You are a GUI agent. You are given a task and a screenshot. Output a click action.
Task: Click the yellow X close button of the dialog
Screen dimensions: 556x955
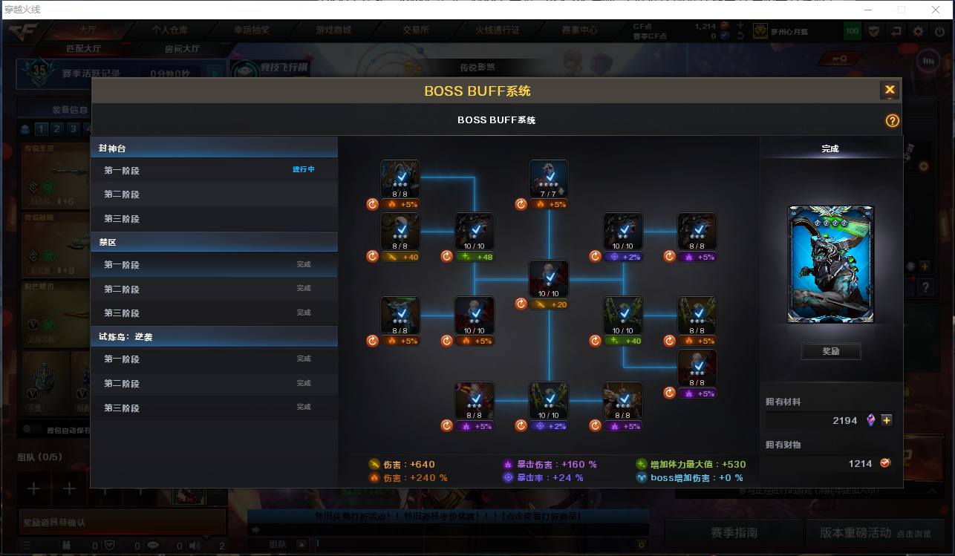(x=889, y=90)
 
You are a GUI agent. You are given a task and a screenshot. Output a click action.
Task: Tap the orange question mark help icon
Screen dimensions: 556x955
(x=892, y=120)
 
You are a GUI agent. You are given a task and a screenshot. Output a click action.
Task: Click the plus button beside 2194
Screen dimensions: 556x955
(x=887, y=420)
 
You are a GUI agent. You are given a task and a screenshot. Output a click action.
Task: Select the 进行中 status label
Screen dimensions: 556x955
(x=303, y=169)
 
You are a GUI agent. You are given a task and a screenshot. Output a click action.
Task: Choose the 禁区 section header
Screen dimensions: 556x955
(x=108, y=242)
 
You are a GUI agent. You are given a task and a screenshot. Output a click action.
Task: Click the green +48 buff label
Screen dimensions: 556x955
(x=475, y=257)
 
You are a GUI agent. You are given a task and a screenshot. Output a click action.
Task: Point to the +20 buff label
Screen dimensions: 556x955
(x=550, y=304)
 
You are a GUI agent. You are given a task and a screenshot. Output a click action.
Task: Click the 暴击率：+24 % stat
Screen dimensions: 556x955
(x=550, y=478)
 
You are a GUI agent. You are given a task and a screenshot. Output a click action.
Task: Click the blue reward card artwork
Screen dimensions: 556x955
(x=830, y=264)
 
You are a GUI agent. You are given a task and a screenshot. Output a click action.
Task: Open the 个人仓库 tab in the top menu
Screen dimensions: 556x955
(x=170, y=30)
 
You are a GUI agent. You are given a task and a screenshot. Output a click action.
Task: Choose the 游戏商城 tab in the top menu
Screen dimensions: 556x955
(x=333, y=30)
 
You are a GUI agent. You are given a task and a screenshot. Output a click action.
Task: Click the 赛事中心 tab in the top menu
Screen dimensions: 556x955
(x=579, y=30)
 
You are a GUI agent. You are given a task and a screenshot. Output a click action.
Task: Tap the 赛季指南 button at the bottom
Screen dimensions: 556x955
(x=734, y=532)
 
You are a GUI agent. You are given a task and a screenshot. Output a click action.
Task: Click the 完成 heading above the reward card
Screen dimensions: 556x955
(x=830, y=148)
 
